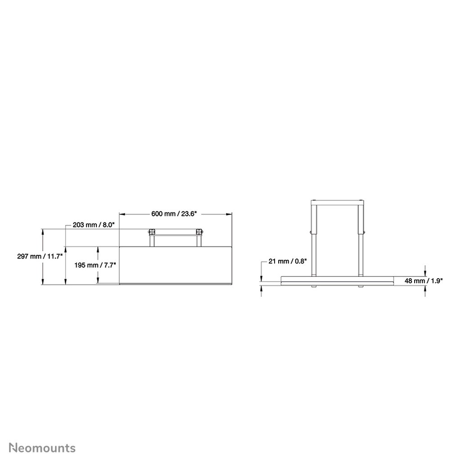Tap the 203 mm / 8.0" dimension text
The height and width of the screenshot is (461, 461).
[94, 224]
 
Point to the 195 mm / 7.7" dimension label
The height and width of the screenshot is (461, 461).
[95, 265]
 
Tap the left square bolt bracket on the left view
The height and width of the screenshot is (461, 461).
[152, 232]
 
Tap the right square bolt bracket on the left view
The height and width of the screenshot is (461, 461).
[199, 232]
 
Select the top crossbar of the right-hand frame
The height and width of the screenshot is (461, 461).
[337, 201]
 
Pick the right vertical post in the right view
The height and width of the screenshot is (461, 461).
[361, 239]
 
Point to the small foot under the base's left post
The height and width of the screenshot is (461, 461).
[314, 286]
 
